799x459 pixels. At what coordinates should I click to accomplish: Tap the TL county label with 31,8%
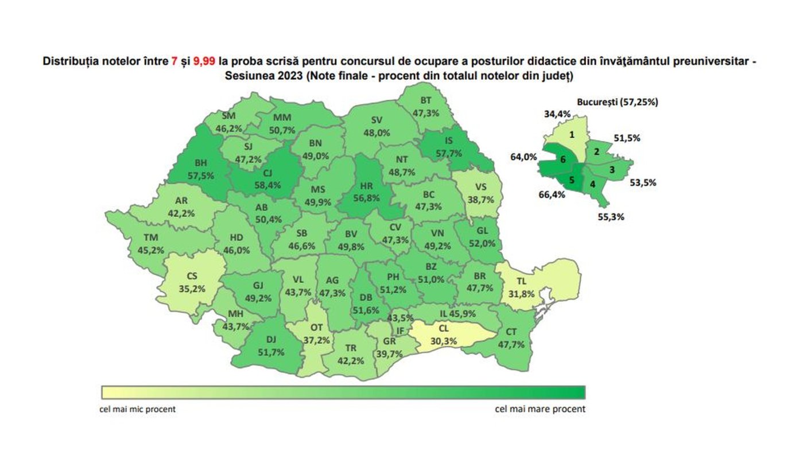click(522, 288)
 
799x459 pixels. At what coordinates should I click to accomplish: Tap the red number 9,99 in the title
click(204, 61)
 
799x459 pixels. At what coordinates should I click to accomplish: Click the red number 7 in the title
click(174, 61)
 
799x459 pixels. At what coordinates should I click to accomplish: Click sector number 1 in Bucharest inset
click(572, 135)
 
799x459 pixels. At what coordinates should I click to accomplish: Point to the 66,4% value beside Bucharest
click(552, 195)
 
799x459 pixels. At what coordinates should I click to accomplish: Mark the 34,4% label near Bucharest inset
click(557, 114)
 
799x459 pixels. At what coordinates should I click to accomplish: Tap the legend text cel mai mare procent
click(540, 409)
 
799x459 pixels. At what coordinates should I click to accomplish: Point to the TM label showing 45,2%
click(152, 244)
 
